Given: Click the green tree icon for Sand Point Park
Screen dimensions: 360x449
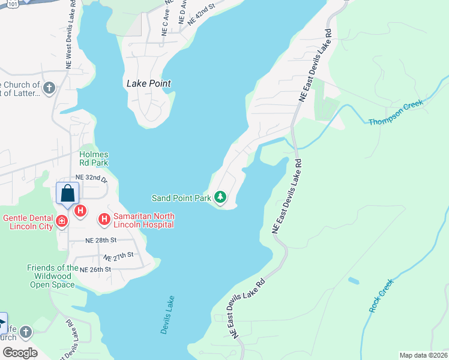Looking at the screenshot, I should [x=220, y=197].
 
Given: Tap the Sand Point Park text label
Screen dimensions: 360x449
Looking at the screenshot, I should [x=182, y=197].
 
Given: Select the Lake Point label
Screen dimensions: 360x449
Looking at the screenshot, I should [x=149, y=84].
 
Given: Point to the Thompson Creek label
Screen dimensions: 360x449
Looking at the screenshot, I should [x=396, y=112].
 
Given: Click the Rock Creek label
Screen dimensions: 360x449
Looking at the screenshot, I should [x=381, y=295].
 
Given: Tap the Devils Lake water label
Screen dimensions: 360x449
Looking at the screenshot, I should [x=167, y=314].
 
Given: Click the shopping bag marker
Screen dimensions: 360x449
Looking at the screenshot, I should [x=67, y=194].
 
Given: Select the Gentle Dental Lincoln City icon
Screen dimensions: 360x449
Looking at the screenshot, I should [x=61, y=222].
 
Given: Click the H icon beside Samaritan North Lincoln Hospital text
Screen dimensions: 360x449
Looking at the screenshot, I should [x=104, y=220].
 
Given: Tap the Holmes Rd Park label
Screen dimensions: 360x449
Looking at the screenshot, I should [x=94, y=158].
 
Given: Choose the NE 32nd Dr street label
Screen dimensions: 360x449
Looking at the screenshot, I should [x=91, y=178].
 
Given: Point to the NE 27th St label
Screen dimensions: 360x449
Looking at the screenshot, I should [x=118, y=256].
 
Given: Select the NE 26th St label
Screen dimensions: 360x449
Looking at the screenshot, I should [x=95, y=269].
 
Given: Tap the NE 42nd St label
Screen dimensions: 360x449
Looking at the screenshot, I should [x=200, y=16].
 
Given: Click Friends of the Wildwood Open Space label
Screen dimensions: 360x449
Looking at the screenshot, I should [x=53, y=276].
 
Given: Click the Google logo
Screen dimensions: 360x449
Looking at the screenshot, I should [x=20, y=353].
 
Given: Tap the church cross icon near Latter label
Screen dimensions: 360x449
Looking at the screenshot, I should [x=49, y=89].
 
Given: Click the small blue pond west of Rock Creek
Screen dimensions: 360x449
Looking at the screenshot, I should [x=354, y=280].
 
